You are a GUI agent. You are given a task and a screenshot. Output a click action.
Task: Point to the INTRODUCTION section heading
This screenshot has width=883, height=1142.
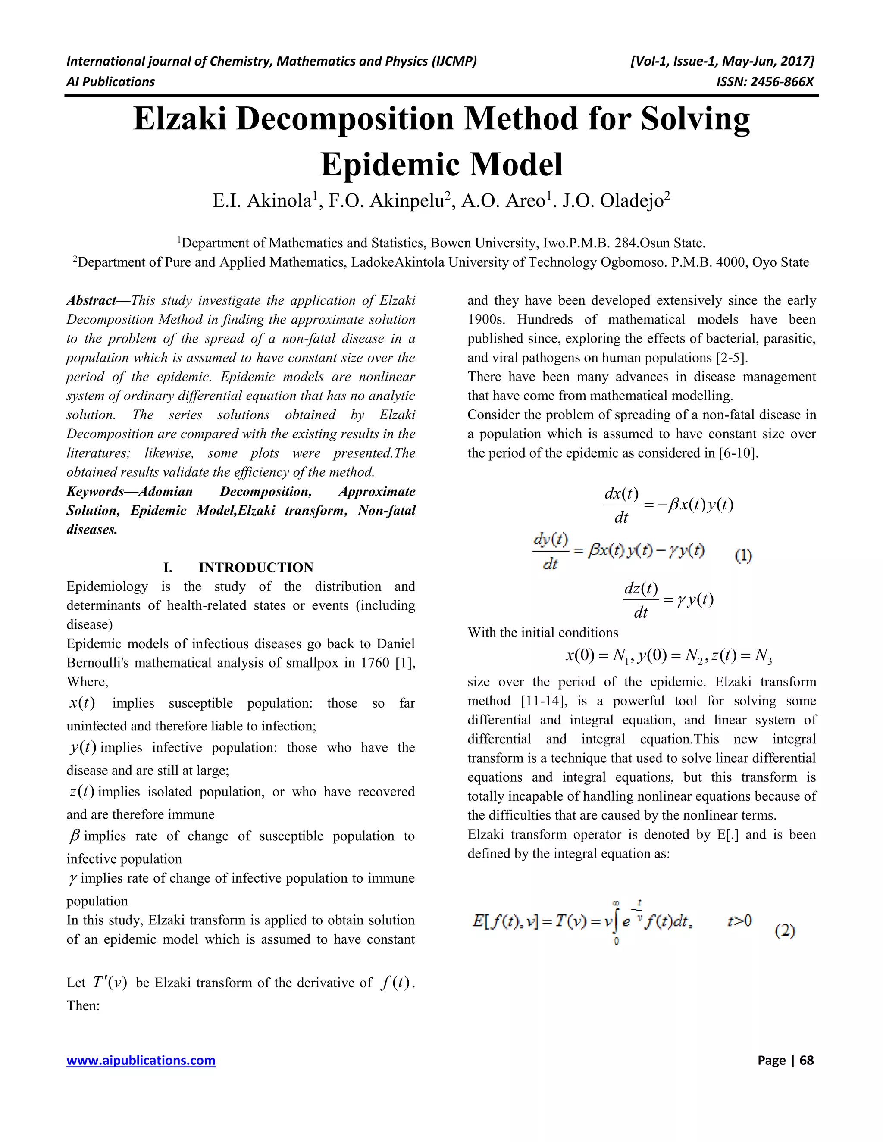click(256, 568)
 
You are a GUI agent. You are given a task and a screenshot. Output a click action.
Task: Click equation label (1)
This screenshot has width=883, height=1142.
click(743, 555)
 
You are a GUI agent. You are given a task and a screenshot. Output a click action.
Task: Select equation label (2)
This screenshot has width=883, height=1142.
click(785, 930)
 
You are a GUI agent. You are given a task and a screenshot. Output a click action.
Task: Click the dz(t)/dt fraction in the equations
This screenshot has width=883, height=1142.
click(641, 600)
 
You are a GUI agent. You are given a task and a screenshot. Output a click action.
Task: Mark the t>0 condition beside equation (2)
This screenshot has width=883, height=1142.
click(739, 920)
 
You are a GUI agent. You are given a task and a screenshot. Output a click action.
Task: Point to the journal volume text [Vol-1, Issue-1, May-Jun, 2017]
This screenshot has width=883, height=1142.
click(723, 62)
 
